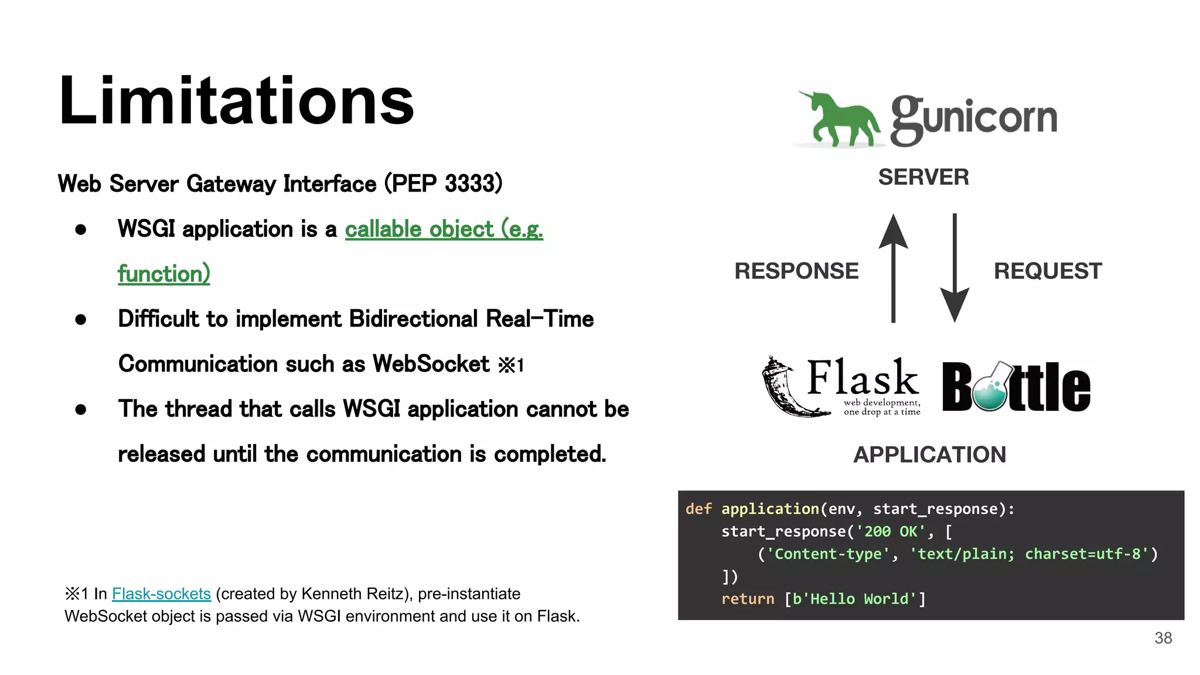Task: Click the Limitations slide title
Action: tap(236, 101)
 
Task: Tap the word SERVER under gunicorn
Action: tap(923, 177)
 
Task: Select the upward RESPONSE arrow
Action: tap(893, 267)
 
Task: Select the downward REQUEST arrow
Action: tap(954, 267)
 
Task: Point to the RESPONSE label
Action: tap(796, 271)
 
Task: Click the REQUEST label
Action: tap(1048, 271)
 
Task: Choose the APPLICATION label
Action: tap(929, 455)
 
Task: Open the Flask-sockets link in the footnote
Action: tap(161, 594)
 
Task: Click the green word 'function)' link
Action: tap(163, 274)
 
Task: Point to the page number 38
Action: tap(1163, 638)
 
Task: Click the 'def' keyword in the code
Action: tap(698, 509)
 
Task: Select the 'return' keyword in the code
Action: tap(748, 599)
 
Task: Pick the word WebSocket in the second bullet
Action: tap(431, 364)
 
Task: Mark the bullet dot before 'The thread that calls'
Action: tap(81, 410)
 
